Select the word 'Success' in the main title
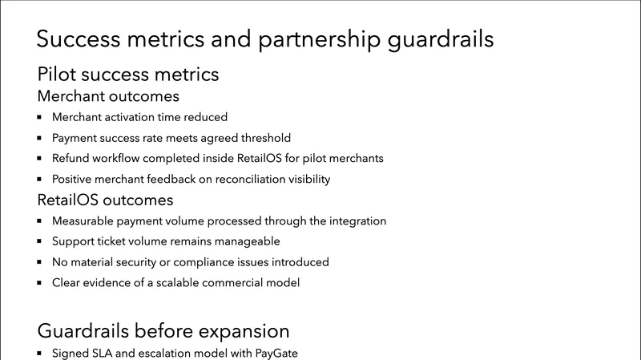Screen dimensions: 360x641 click(77, 39)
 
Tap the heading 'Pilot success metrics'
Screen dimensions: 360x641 click(128, 75)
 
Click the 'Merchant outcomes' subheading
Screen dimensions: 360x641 click(108, 97)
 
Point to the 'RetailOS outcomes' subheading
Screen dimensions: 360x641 click(105, 200)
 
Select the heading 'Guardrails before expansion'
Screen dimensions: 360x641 click(163, 330)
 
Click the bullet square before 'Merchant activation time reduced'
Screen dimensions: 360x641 click(40, 117)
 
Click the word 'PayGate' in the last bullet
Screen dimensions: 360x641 click(276, 353)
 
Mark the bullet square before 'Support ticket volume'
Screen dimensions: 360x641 click(40, 241)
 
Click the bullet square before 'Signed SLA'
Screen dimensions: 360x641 click(40, 353)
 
